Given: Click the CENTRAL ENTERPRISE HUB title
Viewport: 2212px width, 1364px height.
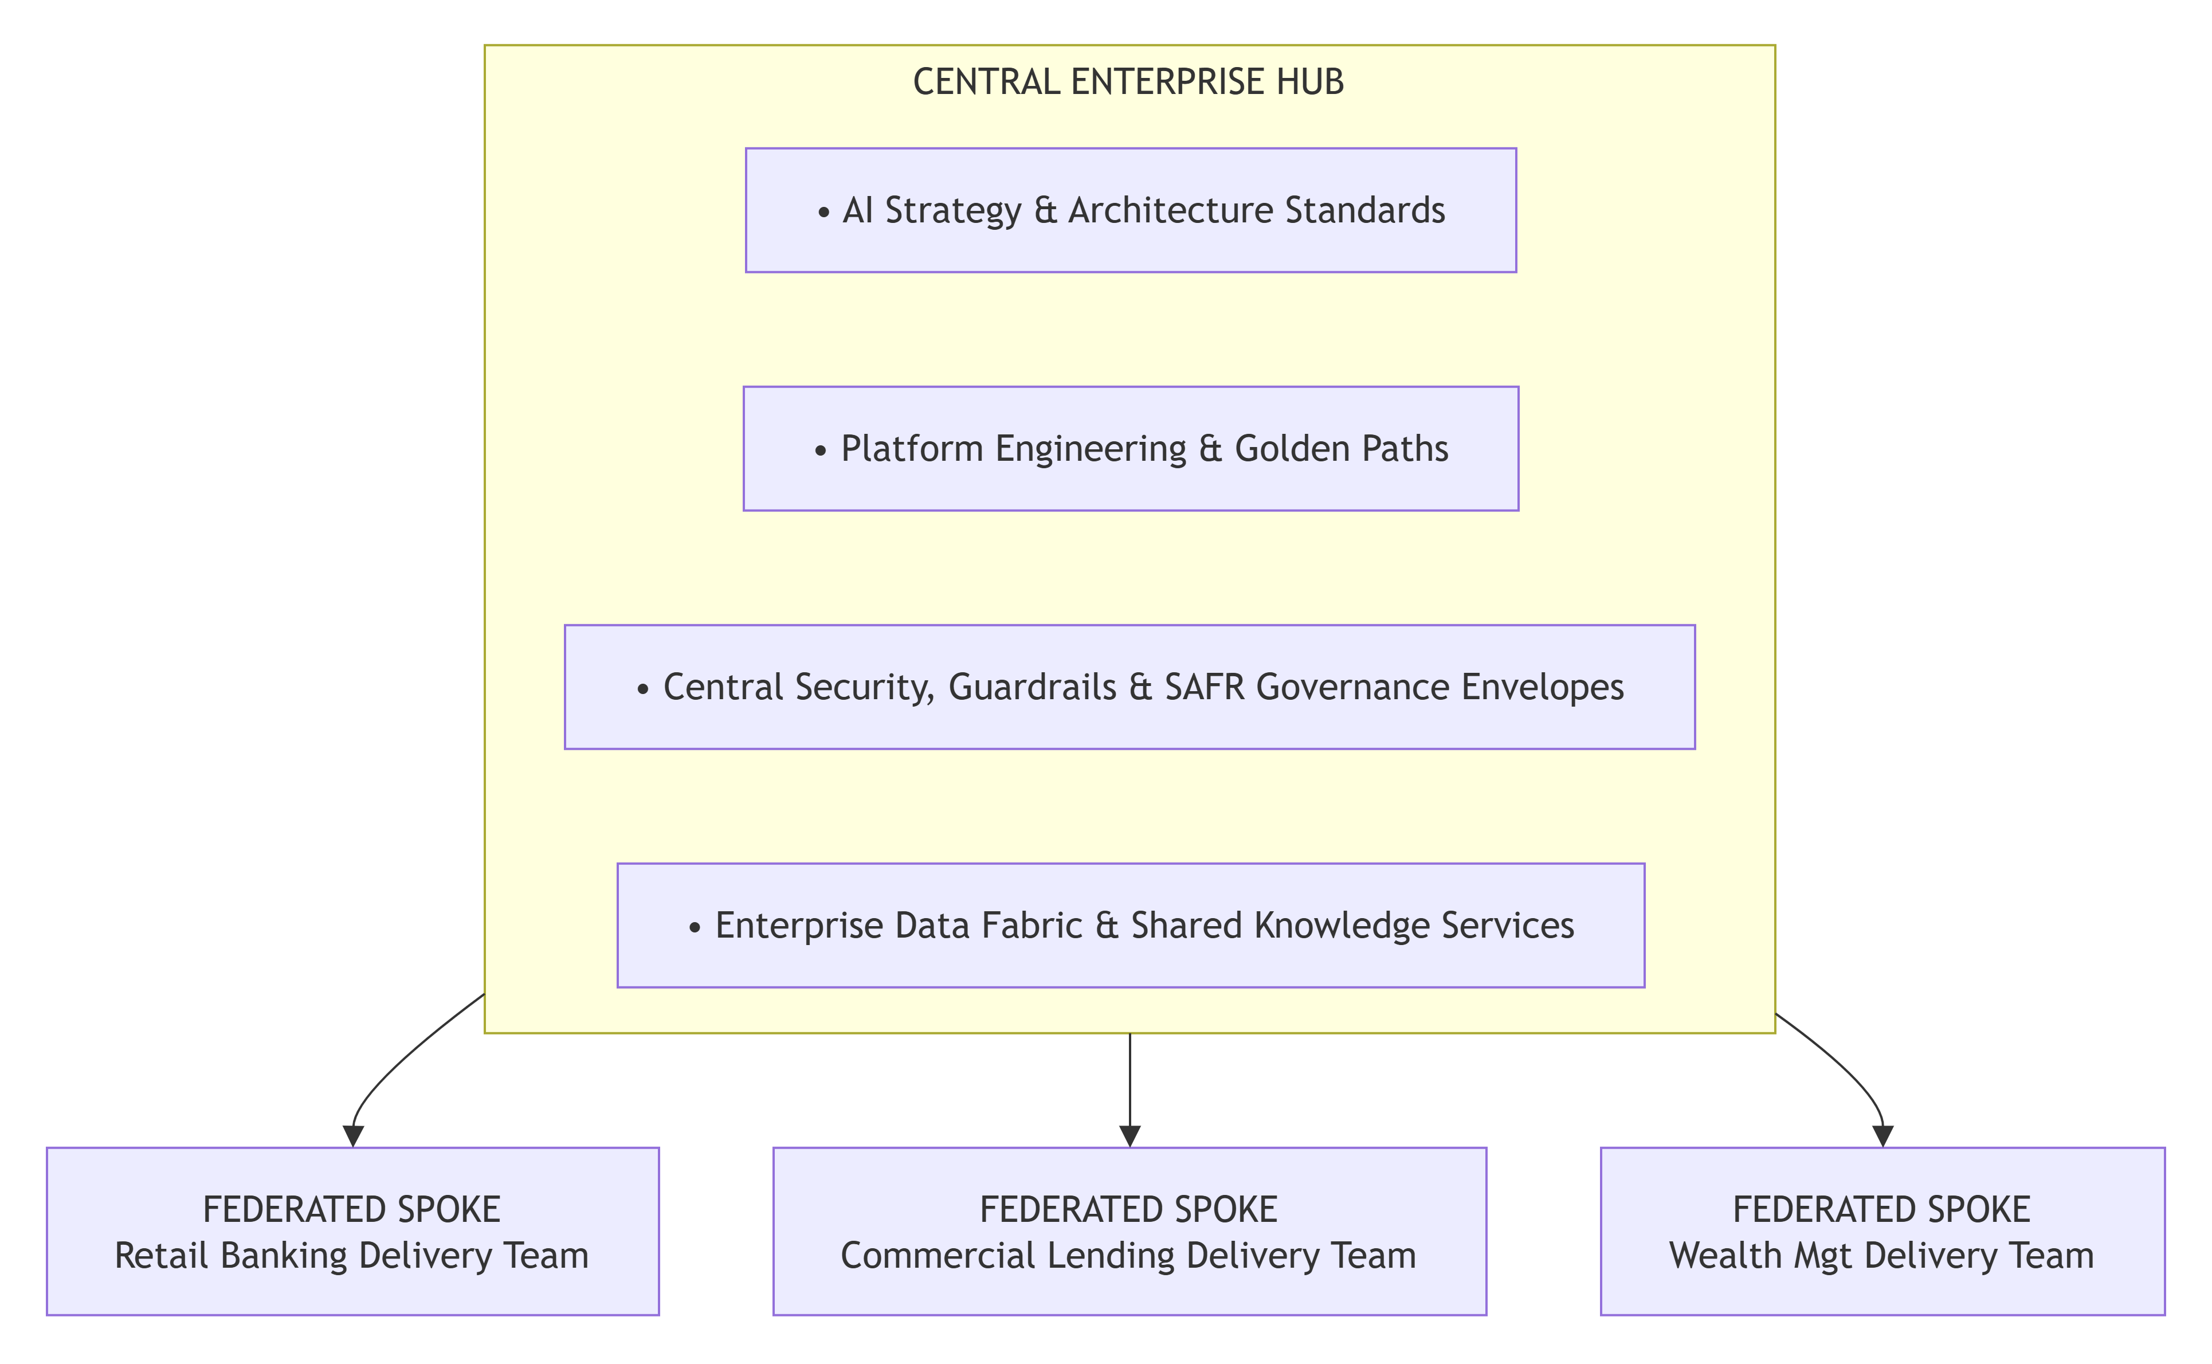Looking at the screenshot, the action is point(1128,82).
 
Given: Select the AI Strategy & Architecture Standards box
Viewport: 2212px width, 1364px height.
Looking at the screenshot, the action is point(1131,210).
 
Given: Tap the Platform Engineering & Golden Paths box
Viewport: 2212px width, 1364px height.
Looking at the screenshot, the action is point(1131,448).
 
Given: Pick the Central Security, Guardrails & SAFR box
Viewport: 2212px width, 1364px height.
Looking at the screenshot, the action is point(1130,687).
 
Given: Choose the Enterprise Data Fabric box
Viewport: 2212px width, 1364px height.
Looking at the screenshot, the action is point(1131,926).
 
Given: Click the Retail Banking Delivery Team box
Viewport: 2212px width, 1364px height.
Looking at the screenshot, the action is point(352,1232).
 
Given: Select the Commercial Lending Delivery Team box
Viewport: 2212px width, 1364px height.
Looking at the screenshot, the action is point(1130,1232).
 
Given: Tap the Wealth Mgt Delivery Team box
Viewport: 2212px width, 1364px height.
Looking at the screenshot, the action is point(1883,1232).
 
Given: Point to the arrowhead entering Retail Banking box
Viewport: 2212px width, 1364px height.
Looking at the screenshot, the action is point(354,1136).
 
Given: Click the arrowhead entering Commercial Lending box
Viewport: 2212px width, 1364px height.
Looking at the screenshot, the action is point(1130,1136).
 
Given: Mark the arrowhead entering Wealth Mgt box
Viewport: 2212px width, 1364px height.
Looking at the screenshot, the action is point(1883,1136).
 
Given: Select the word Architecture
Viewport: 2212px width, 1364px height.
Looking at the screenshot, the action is point(1171,210).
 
